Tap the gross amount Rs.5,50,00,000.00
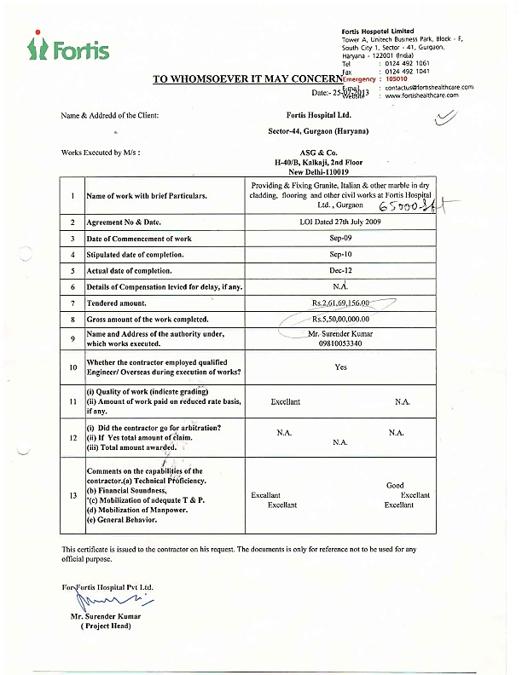(x=340, y=318)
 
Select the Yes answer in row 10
(x=341, y=366)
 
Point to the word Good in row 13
(x=395, y=485)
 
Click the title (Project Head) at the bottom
(x=106, y=626)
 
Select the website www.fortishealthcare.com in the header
(x=421, y=95)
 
